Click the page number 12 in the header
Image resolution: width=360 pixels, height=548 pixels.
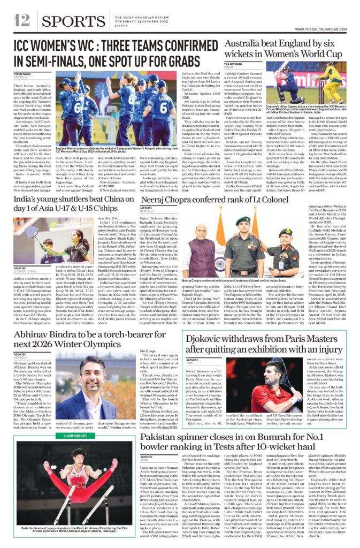[22, 20]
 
